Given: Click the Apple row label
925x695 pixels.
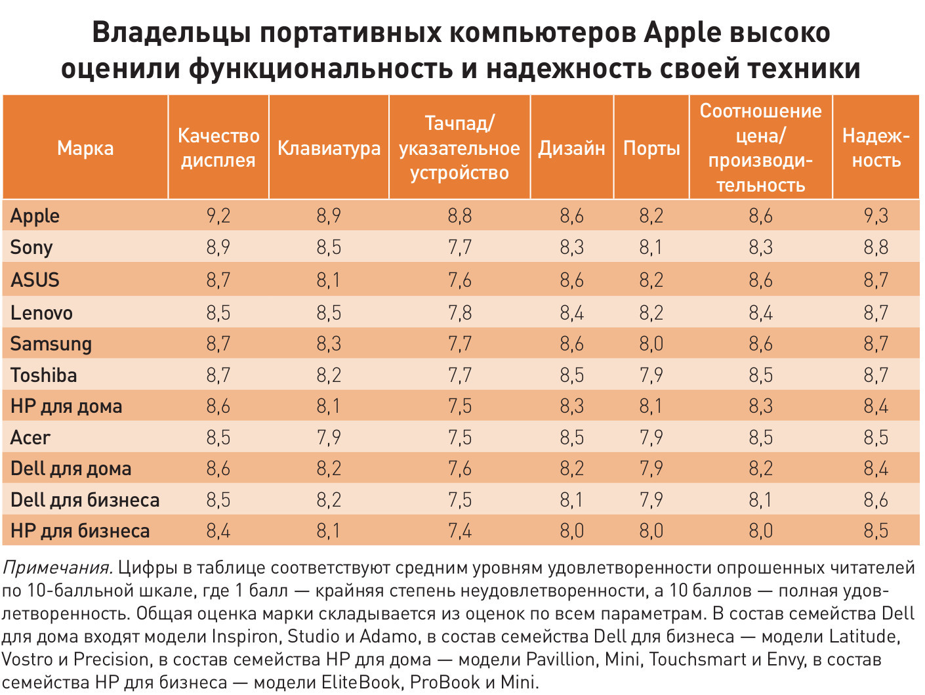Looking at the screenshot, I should pos(35,216).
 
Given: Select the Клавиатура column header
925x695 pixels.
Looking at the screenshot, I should pos(329,148).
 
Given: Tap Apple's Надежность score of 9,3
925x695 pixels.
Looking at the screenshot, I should pos(876,216).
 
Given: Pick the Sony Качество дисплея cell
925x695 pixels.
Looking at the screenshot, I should pos(218,247).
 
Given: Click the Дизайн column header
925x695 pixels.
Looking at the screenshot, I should pos(571,148).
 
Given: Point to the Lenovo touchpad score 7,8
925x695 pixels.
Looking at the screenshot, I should pos(459,312).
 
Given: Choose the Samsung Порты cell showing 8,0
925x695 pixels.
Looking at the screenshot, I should pos(651,344).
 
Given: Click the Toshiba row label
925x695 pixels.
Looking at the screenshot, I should pos(44,375).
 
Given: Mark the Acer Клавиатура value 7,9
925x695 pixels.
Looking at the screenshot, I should pos(329,438).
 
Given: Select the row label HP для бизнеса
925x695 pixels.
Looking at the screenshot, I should pos(80,531).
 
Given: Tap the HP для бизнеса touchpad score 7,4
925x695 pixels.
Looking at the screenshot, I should pos(459,531).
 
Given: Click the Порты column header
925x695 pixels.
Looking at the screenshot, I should pos(651,148).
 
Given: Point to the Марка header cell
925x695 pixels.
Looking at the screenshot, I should pos(85,148).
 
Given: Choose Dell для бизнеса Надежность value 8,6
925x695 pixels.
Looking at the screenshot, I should pos(876,500).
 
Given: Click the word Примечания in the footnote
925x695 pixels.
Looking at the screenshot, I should pos(58,568).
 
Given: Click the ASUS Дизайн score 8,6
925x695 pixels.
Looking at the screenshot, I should pos(571,280).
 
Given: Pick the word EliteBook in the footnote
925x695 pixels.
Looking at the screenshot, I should pos(360,683).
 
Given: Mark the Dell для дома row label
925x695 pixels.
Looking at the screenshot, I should pos(71,469).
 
